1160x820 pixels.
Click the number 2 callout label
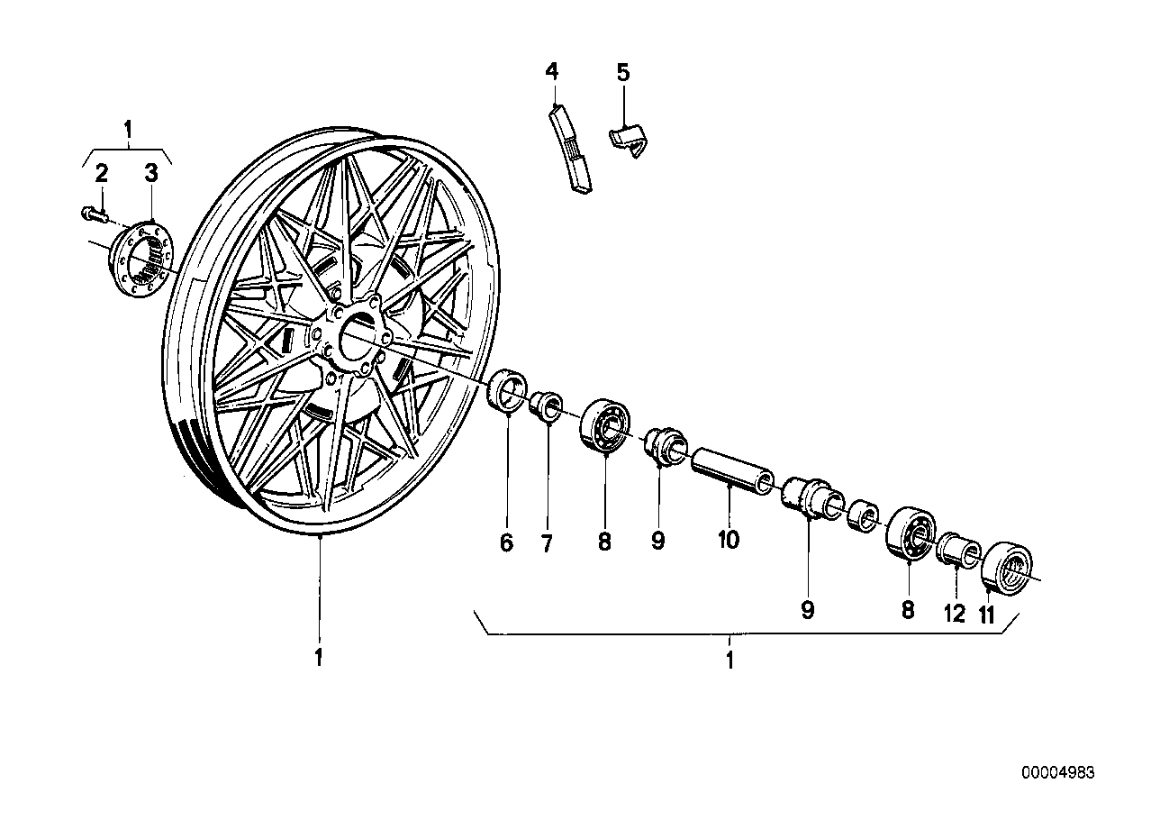(x=102, y=171)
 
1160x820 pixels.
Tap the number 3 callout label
(x=151, y=171)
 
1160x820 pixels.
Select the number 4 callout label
(x=551, y=70)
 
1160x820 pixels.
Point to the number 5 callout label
(x=623, y=72)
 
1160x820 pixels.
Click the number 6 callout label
(x=506, y=542)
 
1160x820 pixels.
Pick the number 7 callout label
(x=547, y=542)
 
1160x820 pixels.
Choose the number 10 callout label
(x=728, y=540)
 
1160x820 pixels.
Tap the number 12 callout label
(x=954, y=615)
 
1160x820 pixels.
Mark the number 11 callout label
(x=988, y=615)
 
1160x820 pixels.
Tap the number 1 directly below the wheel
(x=318, y=658)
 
